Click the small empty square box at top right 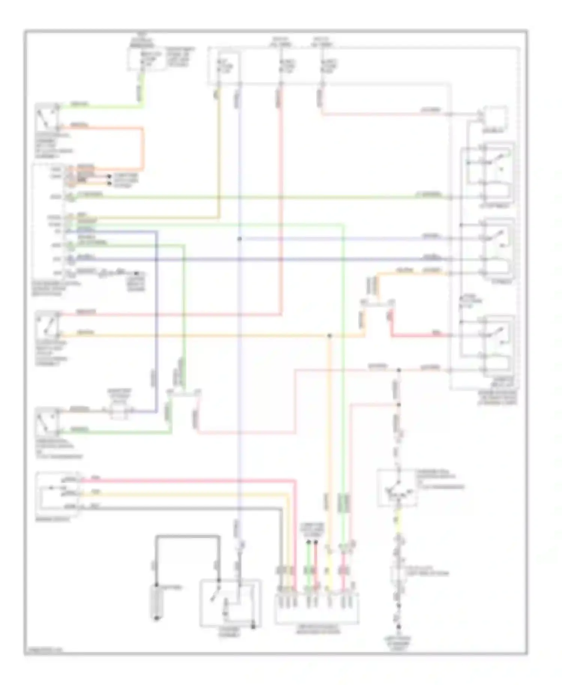click(x=496, y=117)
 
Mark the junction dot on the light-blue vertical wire click(x=240, y=239)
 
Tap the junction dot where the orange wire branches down click(x=329, y=336)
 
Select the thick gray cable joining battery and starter click(x=187, y=537)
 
